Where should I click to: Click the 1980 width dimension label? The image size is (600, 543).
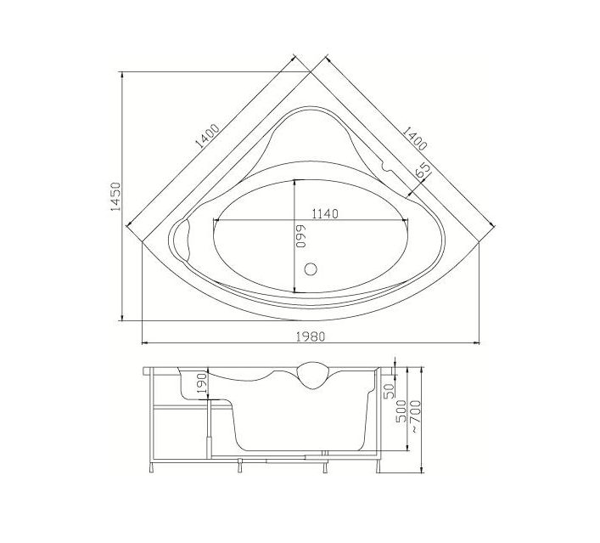coord(311,336)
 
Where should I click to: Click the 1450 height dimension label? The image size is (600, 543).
coord(115,195)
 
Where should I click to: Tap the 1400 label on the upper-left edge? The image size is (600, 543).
coord(207,136)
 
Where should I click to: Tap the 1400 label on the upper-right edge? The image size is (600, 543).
coord(414,139)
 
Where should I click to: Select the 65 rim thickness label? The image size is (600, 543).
coord(423,170)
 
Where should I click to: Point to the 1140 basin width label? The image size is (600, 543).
coord(325,214)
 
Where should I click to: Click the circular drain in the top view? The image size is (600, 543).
coord(311,269)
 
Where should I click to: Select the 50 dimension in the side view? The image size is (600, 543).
coord(390,391)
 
